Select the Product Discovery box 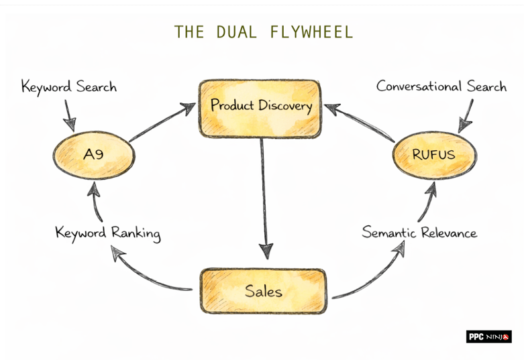coord(260,106)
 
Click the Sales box coord(263,291)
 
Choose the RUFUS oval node coord(433,155)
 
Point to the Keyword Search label coord(68,86)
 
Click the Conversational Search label coord(441,86)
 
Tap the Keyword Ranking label coord(108,233)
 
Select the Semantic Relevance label coord(419,233)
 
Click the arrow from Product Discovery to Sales coord(263,194)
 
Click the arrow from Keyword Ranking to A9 coord(96,201)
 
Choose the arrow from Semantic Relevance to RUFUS coord(427,201)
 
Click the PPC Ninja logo coord(488,337)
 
